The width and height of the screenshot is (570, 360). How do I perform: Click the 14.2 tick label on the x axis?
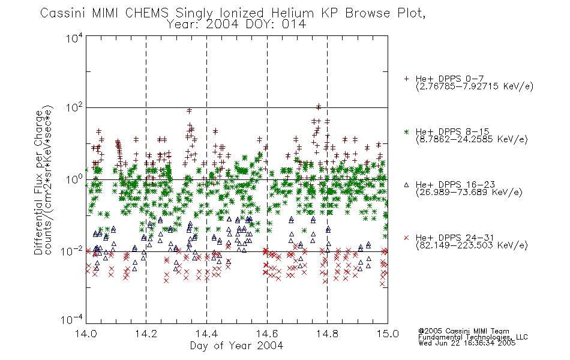[146, 334]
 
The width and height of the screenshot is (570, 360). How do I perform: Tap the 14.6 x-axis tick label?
[267, 334]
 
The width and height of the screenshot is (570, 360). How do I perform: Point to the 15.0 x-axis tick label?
[388, 334]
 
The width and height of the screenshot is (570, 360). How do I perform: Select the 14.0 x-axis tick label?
[86, 334]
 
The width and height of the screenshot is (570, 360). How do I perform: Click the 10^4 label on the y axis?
[74, 38]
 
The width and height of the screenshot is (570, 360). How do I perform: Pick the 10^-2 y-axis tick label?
[71, 251]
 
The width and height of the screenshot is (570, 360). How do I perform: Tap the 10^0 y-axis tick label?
[74, 179]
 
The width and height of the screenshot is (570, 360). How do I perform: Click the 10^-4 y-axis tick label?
[71, 319]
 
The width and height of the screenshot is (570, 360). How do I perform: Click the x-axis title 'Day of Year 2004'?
[236, 346]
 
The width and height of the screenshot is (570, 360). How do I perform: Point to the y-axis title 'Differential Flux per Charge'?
[39, 182]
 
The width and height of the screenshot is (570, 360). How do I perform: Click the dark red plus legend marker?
[407, 79]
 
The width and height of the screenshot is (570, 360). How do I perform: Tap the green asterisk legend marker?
[407, 131]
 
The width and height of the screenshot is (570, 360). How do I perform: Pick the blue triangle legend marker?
[407, 185]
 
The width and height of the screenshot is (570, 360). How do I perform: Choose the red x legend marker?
[407, 238]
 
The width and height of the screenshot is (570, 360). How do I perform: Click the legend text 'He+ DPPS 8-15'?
[452, 131]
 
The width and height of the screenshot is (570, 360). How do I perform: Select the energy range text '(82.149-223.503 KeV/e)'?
[472, 245]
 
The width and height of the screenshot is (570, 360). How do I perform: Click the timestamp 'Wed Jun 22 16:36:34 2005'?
[467, 343]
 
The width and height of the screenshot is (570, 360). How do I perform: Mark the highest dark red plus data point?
[319, 107]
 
